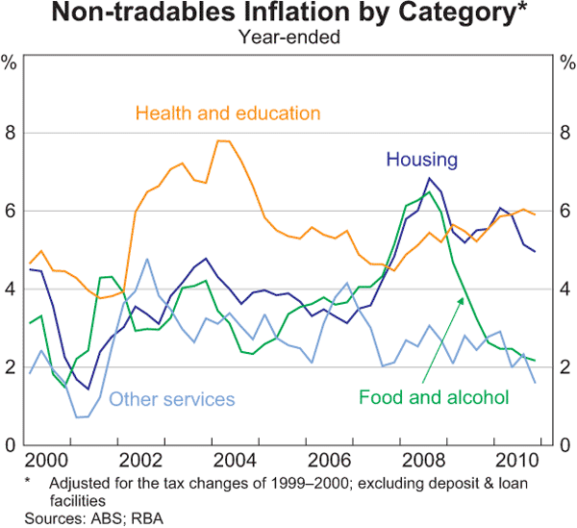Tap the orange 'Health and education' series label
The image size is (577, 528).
(228, 113)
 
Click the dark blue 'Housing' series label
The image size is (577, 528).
(421, 159)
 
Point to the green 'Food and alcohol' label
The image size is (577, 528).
(434, 395)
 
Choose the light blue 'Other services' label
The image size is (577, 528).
(171, 398)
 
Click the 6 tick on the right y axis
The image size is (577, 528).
(564, 212)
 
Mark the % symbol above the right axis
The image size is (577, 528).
(564, 64)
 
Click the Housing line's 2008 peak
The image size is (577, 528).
(429, 179)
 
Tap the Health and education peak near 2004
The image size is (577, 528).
(223, 141)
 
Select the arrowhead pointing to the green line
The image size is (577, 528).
(463, 300)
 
